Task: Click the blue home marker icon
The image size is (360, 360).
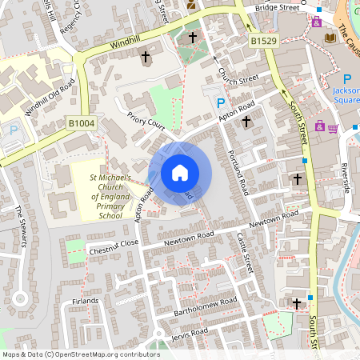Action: [x=180, y=174]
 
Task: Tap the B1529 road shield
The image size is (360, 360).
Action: [x=262, y=40]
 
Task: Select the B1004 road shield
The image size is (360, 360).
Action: [x=81, y=123]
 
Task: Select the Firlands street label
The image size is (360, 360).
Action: [x=85, y=301]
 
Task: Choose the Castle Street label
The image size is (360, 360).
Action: [x=244, y=250]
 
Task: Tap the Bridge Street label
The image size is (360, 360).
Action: [x=277, y=7]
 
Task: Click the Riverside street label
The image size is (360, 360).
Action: [x=345, y=177]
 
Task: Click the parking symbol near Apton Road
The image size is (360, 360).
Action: [x=222, y=103]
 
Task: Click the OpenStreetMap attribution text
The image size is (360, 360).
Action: [x=80, y=354]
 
